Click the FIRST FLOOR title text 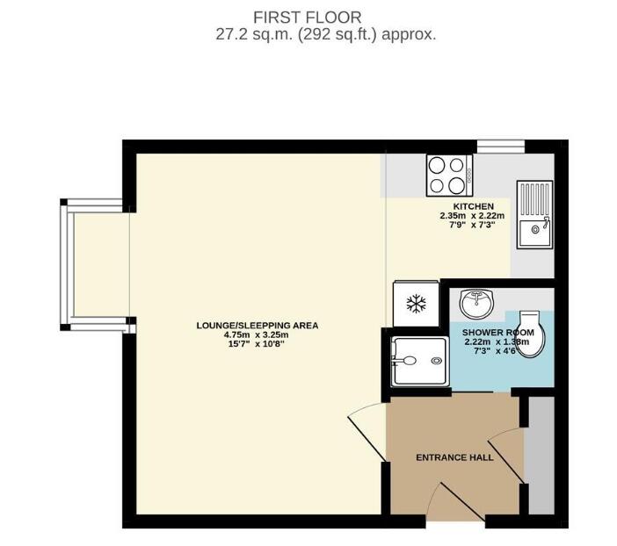click(x=308, y=17)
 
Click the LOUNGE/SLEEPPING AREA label click(x=257, y=326)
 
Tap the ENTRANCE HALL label click(x=454, y=457)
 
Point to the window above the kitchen click(x=499, y=144)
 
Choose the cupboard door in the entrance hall click(x=506, y=455)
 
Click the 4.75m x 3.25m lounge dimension click(x=257, y=334)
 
